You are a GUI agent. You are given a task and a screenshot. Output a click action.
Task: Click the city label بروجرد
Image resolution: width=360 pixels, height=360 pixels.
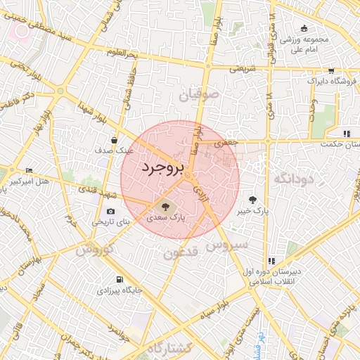pos(162,169)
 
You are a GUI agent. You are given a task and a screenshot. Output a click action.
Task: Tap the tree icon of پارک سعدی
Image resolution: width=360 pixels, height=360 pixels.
pos(166,207)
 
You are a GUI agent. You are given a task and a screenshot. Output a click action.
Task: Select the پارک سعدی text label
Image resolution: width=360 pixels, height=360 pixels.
pos(166,219)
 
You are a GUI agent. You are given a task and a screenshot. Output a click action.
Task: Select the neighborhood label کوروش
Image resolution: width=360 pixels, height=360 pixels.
pos(91,250)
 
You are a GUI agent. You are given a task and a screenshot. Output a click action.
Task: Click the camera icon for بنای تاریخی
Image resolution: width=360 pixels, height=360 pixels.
pos(110,211)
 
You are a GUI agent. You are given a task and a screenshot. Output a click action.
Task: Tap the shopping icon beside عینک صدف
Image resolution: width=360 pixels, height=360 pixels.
pos(114,140)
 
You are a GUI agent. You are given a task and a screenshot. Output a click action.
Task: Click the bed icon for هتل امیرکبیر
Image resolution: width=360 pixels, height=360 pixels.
pos(29,171)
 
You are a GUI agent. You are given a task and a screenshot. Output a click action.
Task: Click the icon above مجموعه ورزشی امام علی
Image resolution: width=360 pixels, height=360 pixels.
pos(304,28)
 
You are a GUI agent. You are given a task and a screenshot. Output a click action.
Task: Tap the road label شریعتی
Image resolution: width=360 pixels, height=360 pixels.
pos(243,69)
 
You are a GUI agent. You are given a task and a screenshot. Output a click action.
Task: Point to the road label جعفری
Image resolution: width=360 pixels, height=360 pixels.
pos(226,143)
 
